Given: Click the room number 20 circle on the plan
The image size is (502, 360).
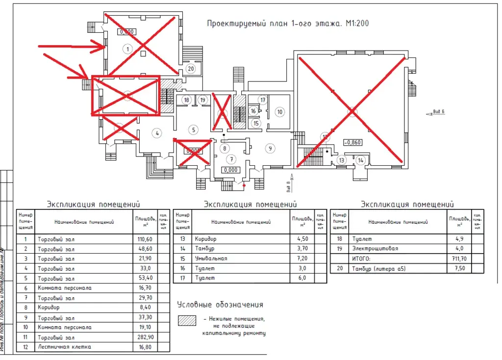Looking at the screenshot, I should (x=191, y=69).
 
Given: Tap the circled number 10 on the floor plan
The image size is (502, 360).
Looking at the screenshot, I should (x=280, y=112).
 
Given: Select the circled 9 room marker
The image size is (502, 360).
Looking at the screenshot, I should (x=269, y=148).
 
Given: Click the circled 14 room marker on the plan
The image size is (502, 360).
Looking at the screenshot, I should (x=361, y=160).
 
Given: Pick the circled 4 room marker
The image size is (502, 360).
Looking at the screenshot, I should (x=157, y=132).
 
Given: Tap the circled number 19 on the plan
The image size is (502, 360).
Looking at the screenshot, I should (x=203, y=100).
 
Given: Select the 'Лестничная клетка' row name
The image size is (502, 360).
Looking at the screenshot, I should (x=64, y=347).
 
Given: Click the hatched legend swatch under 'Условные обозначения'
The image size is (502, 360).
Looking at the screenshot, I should (x=187, y=319).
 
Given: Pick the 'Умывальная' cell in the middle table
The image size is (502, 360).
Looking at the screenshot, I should (x=211, y=258).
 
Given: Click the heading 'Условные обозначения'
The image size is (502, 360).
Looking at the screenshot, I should (x=220, y=305).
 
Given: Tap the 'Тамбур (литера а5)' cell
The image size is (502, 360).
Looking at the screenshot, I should (x=379, y=268).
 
